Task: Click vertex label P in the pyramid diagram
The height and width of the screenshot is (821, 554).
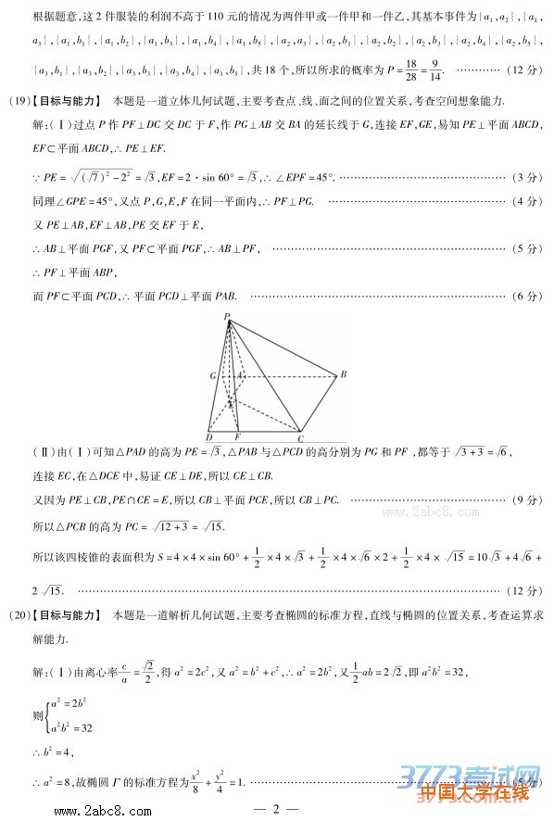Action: (x=225, y=317)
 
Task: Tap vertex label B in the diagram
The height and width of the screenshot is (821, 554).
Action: (x=343, y=374)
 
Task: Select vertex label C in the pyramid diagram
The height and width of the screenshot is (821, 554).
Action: (x=300, y=437)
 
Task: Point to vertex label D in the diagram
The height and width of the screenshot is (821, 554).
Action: (x=209, y=437)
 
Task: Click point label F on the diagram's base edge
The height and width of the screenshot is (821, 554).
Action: (x=237, y=437)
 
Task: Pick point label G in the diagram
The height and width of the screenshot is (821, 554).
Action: (x=212, y=376)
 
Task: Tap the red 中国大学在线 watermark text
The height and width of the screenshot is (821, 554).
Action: (x=478, y=793)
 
